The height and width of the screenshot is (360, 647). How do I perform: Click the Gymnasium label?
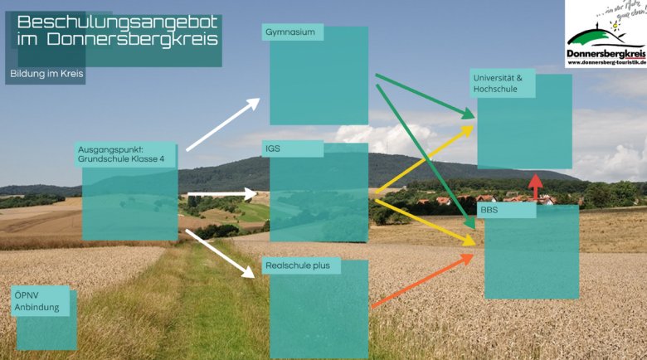[290, 32]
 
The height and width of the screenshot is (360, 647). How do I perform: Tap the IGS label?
[273, 149]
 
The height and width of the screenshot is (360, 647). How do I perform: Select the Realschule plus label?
[297, 266]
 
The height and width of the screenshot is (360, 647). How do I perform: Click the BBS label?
[489, 212]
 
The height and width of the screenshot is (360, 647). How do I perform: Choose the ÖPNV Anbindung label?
[31, 301]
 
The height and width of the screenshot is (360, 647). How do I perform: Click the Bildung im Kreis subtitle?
[47, 74]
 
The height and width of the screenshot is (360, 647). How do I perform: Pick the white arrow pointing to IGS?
[222, 194]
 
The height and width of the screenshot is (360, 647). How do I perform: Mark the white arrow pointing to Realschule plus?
[220, 253]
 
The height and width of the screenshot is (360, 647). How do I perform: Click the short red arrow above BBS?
[536, 187]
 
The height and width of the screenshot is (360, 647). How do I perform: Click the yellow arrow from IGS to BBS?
[425, 219]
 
